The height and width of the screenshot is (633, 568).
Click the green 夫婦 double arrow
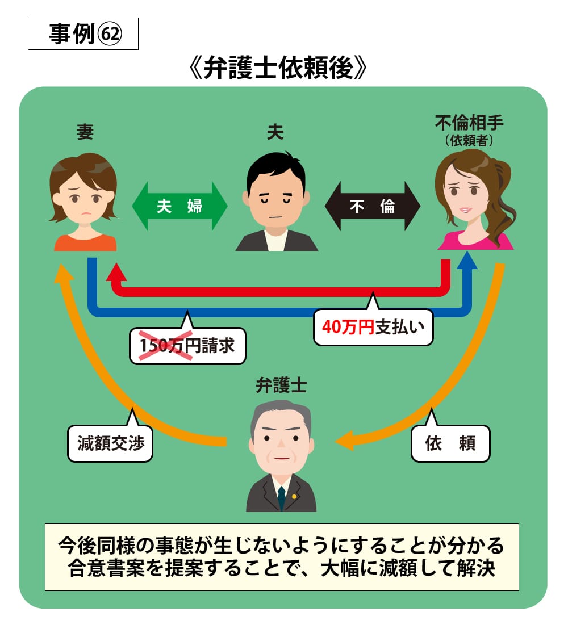pyautogui.click(x=179, y=206)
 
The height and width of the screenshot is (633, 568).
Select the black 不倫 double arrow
pyautogui.click(x=372, y=206)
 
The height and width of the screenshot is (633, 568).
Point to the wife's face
pyautogui.click(x=84, y=196)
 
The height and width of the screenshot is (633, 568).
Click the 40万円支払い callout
pyautogui.click(x=373, y=328)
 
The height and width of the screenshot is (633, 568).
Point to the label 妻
pyautogui.click(x=85, y=132)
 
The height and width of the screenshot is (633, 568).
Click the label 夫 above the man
pyautogui.click(x=275, y=132)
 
